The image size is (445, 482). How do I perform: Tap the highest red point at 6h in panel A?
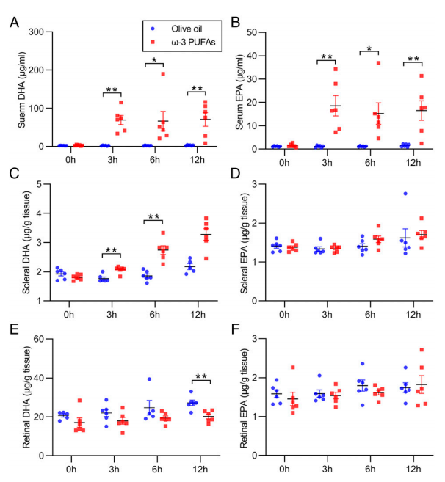[163, 73]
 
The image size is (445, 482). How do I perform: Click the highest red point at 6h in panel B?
[380, 62]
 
